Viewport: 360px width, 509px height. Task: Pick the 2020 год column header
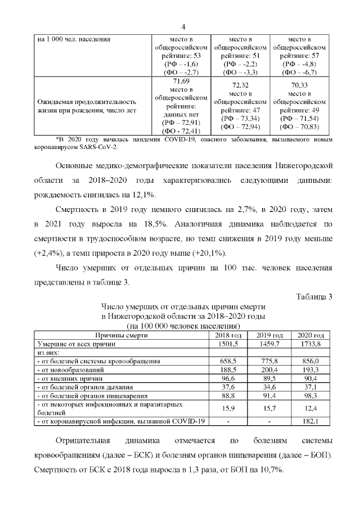[310, 335]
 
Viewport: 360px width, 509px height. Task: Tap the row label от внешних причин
[63, 378]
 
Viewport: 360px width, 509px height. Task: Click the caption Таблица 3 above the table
[314, 297]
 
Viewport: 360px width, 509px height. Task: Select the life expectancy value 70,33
[299, 85]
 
